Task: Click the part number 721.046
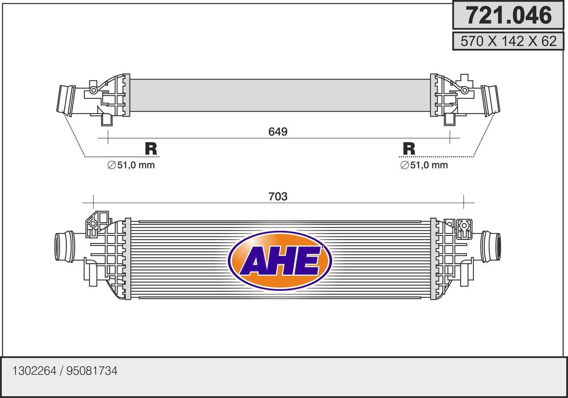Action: [x=508, y=15]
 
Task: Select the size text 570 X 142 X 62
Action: [x=508, y=41]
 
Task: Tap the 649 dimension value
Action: [x=278, y=132]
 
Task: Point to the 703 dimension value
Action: [x=278, y=196]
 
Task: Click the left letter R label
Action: [x=151, y=149]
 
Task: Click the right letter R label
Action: [x=409, y=149]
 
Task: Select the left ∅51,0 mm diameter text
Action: [x=131, y=165]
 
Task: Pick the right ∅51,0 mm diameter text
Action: [x=424, y=165]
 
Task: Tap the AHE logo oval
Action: [x=280, y=261]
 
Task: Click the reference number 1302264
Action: [x=34, y=371]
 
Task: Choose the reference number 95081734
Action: [x=92, y=371]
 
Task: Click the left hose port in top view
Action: [x=65, y=99]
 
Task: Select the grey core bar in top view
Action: [x=280, y=95]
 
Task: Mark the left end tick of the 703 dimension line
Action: [x=94, y=202]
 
